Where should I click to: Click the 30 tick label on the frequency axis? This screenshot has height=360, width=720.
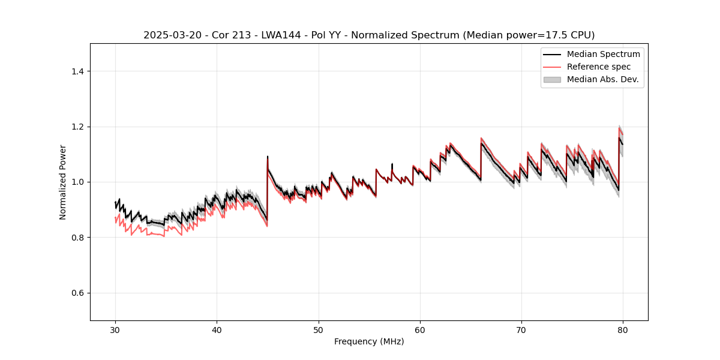(x=115, y=329)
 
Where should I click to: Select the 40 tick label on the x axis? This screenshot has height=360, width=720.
(x=217, y=329)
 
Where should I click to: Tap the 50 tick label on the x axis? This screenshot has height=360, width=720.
(x=319, y=329)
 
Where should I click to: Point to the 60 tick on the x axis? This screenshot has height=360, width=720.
(x=420, y=329)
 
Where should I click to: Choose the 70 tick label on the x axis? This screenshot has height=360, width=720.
(x=521, y=329)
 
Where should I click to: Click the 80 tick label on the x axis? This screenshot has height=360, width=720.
(x=623, y=329)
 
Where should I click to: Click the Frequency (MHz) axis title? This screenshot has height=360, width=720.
(x=369, y=341)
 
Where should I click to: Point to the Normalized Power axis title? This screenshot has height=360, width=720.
(x=63, y=182)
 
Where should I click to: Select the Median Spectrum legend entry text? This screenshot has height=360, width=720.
(x=603, y=54)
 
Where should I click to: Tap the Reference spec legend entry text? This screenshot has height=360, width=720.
(x=599, y=67)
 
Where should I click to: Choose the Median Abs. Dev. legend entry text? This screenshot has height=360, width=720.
(x=602, y=79)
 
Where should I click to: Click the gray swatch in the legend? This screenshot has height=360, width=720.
(x=552, y=79)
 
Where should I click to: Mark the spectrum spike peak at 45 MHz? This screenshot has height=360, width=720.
(x=268, y=157)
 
